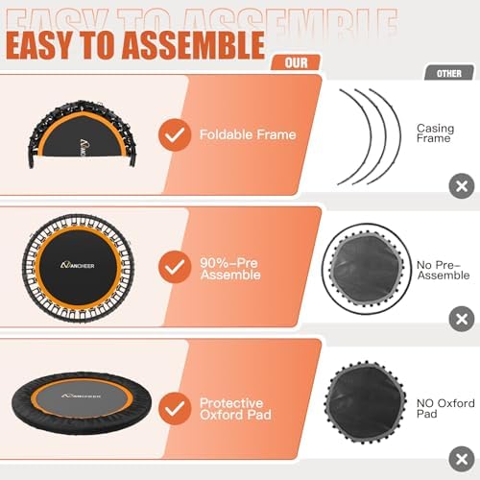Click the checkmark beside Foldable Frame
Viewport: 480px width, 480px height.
172,135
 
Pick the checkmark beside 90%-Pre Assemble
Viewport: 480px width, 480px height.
172,266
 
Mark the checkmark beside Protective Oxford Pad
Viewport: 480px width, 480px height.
172,408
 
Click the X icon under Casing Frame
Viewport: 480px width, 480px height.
462,186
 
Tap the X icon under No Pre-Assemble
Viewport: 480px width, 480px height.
462,318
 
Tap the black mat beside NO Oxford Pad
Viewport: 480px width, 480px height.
358,405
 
